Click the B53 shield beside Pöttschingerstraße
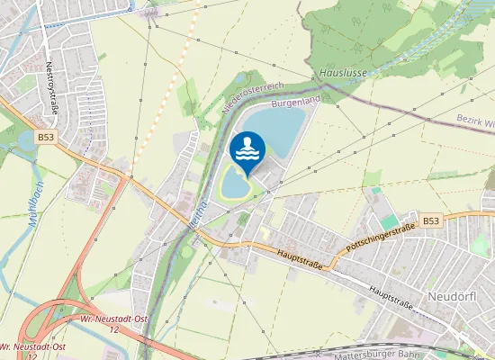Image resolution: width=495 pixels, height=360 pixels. click(x=431, y=220)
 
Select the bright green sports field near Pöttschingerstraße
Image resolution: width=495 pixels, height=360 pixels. click(x=389, y=220)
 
